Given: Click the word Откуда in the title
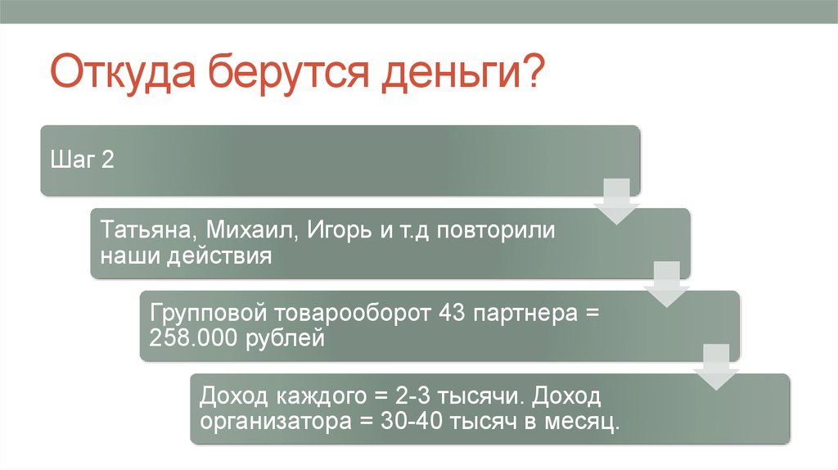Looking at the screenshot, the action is [x=123, y=71].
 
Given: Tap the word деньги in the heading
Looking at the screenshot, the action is [x=451, y=74].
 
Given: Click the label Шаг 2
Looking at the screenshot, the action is [x=82, y=160].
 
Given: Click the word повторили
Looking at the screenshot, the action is [x=496, y=230].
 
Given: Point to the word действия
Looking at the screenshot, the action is [x=219, y=256].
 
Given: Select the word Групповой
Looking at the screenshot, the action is [x=208, y=314].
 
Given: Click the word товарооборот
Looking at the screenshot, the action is [x=352, y=313].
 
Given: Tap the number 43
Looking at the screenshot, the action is [x=452, y=312].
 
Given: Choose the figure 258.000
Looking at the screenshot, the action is [x=193, y=338].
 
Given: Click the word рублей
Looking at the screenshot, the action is [x=285, y=339].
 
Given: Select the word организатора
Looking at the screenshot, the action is [x=276, y=423].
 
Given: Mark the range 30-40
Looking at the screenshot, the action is [x=412, y=422].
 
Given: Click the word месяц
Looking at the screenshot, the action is [x=583, y=423].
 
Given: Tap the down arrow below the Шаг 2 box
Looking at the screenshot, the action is [x=617, y=201].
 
